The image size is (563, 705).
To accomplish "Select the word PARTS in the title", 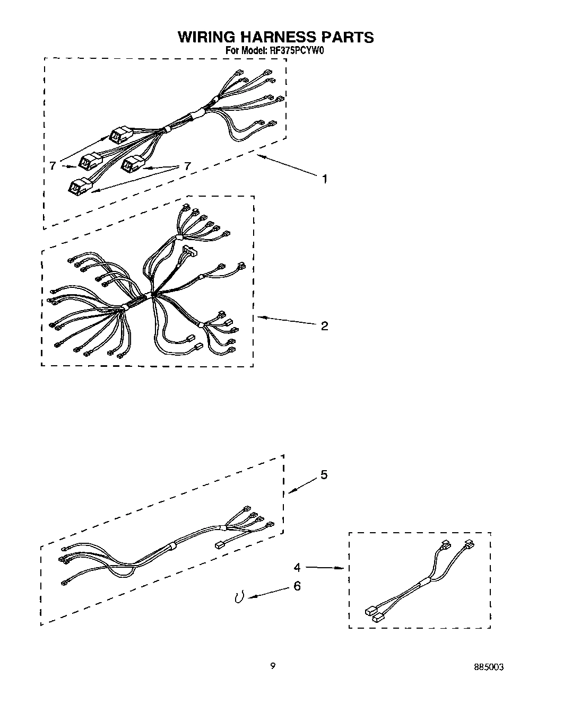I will [x=347, y=37].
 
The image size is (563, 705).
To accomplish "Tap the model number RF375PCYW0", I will [x=297, y=51].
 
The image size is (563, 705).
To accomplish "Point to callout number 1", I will [x=324, y=179].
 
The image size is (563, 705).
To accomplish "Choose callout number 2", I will [x=324, y=325].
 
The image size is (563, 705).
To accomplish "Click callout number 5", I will [x=324, y=474].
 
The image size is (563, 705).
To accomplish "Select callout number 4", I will [x=297, y=567].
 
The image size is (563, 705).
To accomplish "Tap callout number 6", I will [x=297, y=586].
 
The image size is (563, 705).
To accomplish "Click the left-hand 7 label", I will [x=53, y=166].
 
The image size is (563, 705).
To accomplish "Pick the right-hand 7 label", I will [x=187, y=166].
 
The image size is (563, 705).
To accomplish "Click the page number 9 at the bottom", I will [x=272, y=666].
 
